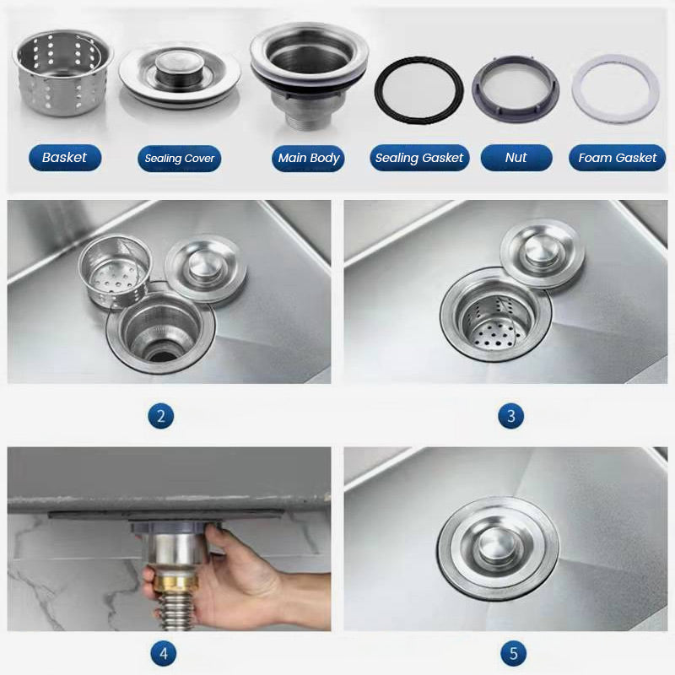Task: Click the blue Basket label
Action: pos(65,158)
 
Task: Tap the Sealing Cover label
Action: pos(179,159)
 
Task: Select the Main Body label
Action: pos(308,159)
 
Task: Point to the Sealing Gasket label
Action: pos(419,158)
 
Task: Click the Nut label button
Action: pos(516,158)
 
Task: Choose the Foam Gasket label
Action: pos(617,158)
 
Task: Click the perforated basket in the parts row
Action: pos(62,73)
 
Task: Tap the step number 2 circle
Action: pos(160,416)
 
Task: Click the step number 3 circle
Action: pos(511,416)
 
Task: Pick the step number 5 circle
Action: pos(514,653)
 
